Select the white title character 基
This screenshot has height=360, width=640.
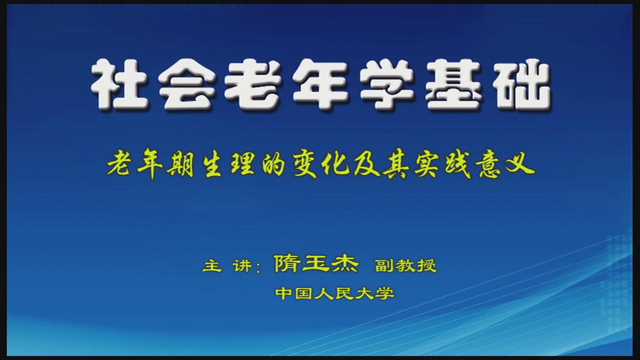(x=454, y=85)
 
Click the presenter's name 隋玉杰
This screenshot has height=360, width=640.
(x=316, y=264)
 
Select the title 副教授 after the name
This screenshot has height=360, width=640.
(x=406, y=266)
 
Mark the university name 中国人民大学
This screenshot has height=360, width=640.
(x=335, y=293)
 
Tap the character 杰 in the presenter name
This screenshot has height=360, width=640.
(x=345, y=264)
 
